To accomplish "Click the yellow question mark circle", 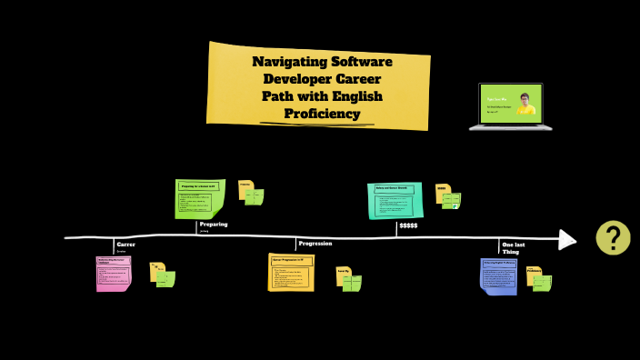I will (x=613, y=237).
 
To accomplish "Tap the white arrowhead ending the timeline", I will (x=567, y=239).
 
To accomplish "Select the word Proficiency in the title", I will (x=322, y=114).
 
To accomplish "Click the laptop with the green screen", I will (x=511, y=105).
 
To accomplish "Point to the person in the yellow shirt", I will (x=525, y=104).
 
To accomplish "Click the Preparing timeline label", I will (x=214, y=224).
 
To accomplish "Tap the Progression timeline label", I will (x=315, y=244).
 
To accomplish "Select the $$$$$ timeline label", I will (x=408, y=225).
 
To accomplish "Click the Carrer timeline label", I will (x=125, y=244).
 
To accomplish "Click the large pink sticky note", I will (x=114, y=273).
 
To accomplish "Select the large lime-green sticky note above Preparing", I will (x=199, y=198).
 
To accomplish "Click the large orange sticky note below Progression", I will (x=291, y=272).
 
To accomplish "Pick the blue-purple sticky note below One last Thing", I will (x=498, y=275).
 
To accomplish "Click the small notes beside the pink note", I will (x=163, y=274).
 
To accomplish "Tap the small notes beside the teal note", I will (x=448, y=197).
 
